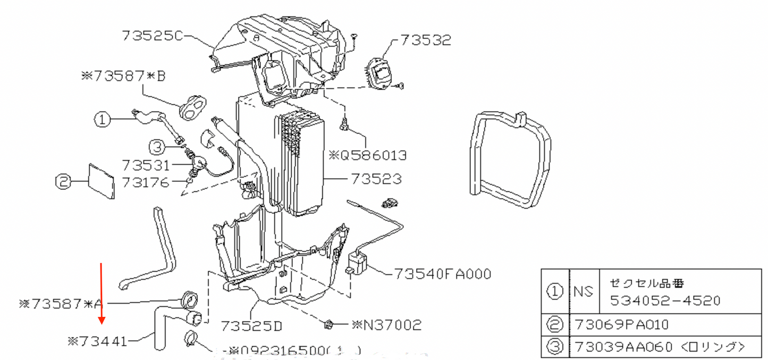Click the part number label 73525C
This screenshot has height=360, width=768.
pyautogui.click(x=153, y=36)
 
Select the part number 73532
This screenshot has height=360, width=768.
pyautogui.click(x=425, y=40)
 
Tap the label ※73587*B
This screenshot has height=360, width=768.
pyautogui.click(x=123, y=77)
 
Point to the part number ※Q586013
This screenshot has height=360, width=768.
pyautogui.click(x=368, y=155)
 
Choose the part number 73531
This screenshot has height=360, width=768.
pyautogui.click(x=145, y=165)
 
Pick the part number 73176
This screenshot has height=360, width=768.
pyautogui.click(x=145, y=182)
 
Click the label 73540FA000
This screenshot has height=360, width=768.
pyautogui.click(x=442, y=274)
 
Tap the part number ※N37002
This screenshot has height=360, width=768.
pyautogui.click(x=386, y=324)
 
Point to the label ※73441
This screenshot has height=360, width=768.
pyautogui.click(x=97, y=341)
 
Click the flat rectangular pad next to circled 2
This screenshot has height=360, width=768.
pyautogui.click(x=101, y=181)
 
